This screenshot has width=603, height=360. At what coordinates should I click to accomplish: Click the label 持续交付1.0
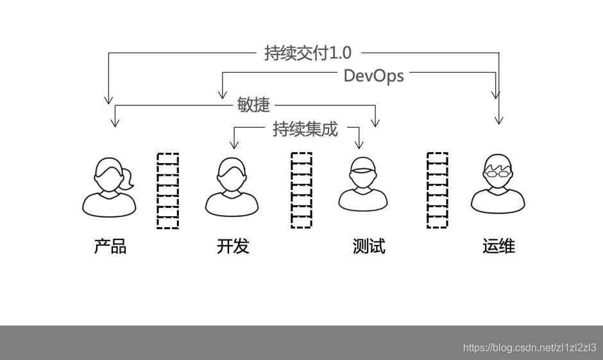(308, 53)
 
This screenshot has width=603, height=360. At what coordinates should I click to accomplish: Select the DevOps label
(373, 75)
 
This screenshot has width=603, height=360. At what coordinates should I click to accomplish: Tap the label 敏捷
(253, 105)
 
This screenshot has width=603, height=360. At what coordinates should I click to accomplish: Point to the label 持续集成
(305, 129)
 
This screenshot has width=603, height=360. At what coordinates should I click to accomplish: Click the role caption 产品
(110, 246)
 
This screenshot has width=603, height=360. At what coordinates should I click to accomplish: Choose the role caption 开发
(233, 246)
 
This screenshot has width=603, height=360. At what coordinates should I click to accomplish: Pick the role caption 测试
(369, 246)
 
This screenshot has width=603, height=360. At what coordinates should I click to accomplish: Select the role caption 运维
(498, 246)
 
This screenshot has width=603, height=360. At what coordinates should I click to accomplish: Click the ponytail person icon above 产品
(110, 186)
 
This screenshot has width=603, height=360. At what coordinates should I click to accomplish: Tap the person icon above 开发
(232, 186)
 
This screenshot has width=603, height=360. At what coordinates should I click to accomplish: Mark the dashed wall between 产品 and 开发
(168, 191)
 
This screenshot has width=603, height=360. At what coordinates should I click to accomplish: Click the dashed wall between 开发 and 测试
(301, 191)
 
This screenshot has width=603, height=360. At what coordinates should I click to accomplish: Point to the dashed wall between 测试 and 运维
(437, 191)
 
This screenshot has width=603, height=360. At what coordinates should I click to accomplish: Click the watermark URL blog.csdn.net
(529, 347)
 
